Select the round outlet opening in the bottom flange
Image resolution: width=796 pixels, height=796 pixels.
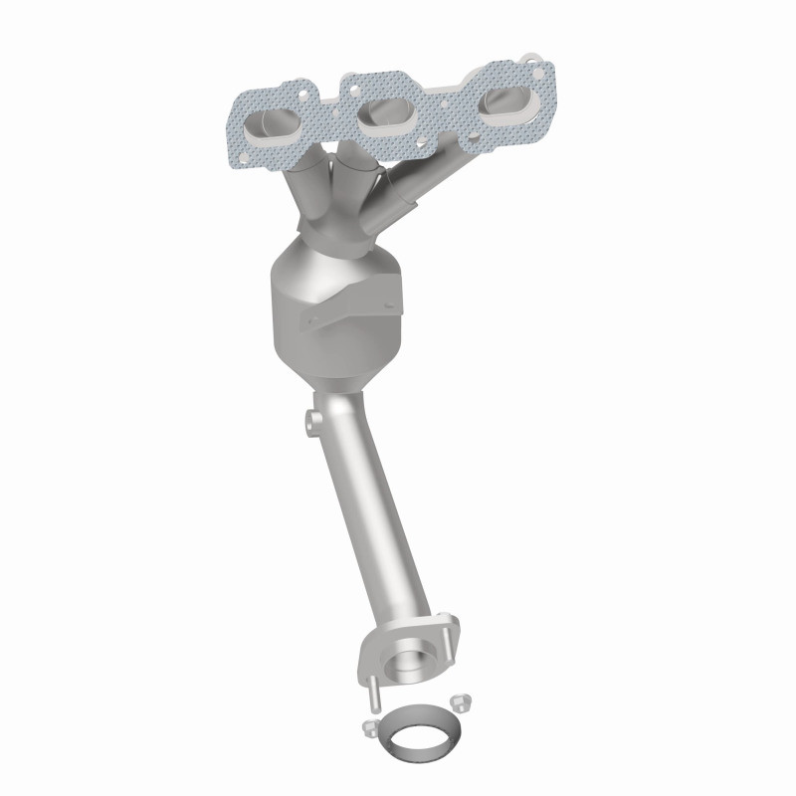[x=410, y=661]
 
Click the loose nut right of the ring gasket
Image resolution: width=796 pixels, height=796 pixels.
[x=460, y=701]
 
